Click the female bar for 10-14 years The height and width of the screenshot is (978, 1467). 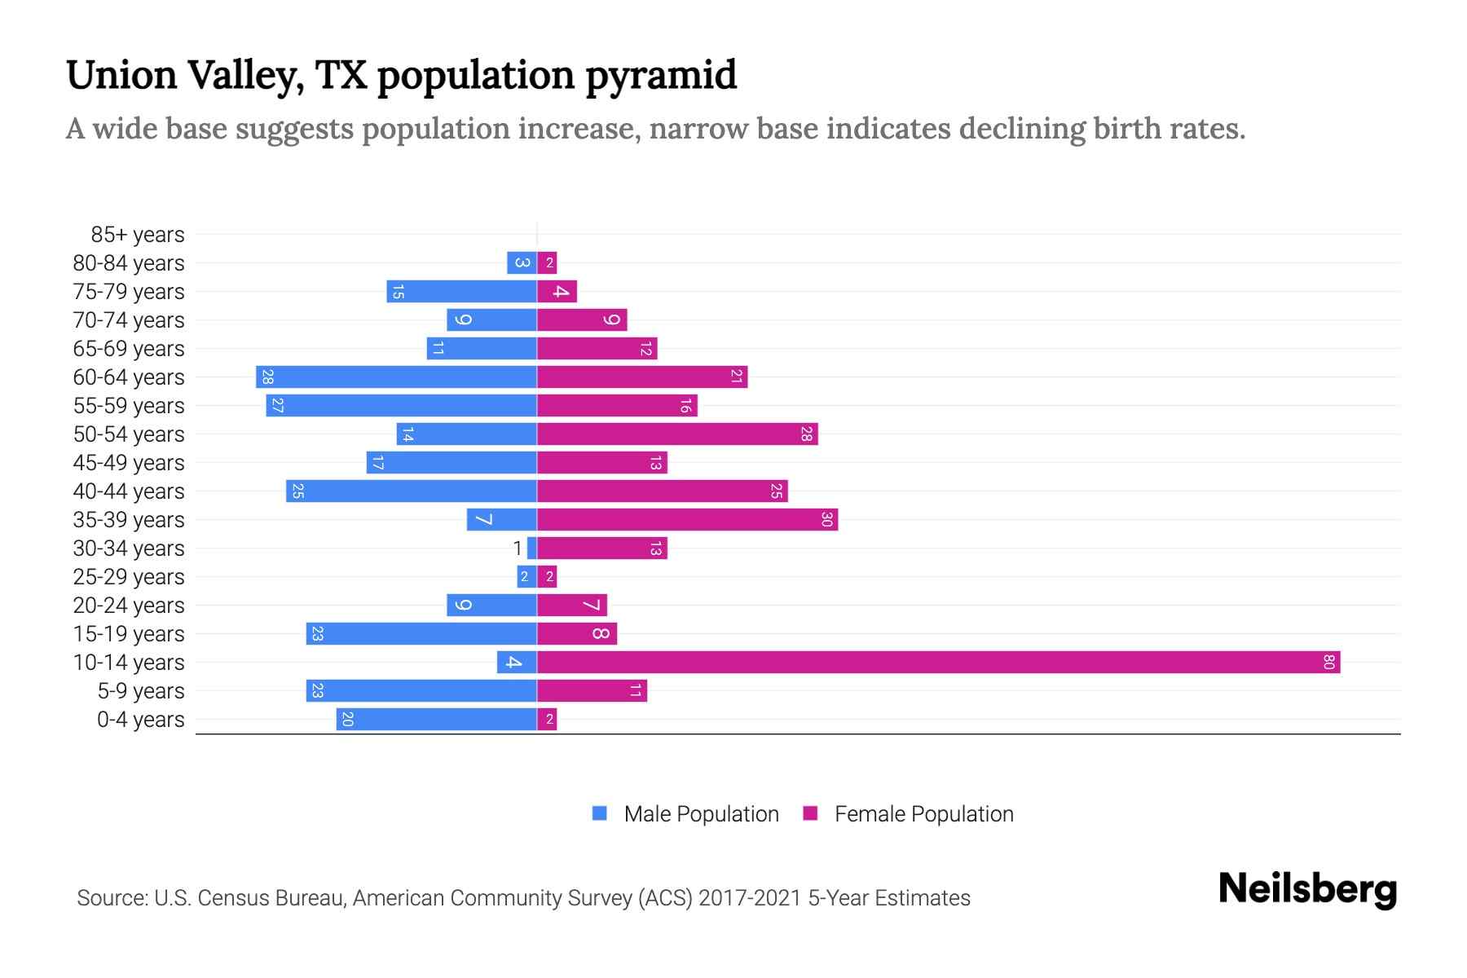[x=937, y=663]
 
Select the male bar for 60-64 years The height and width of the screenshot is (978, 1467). [x=396, y=377]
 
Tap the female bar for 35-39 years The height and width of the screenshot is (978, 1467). [x=687, y=520]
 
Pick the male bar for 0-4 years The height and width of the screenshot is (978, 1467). [x=436, y=720]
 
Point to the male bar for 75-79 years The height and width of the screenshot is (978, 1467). [x=461, y=292]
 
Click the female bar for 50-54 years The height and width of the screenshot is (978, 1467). [x=676, y=434]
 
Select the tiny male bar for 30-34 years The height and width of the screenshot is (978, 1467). [x=532, y=548]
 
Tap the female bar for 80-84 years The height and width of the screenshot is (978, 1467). [x=547, y=263]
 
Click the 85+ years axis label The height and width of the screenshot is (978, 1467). [x=138, y=235]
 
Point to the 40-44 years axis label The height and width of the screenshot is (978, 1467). [x=129, y=491]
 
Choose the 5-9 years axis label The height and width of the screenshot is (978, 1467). [x=141, y=691]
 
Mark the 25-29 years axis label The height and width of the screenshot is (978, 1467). [x=129, y=577]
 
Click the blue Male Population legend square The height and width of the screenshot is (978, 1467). [x=600, y=813]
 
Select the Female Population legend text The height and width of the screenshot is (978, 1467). [x=923, y=814]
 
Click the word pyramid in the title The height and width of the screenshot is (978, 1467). [x=661, y=76]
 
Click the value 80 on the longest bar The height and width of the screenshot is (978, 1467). [x=1328, y=663]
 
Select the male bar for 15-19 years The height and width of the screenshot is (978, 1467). [x=421, y=634]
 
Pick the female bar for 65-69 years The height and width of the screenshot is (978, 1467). [x=597, y=349]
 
